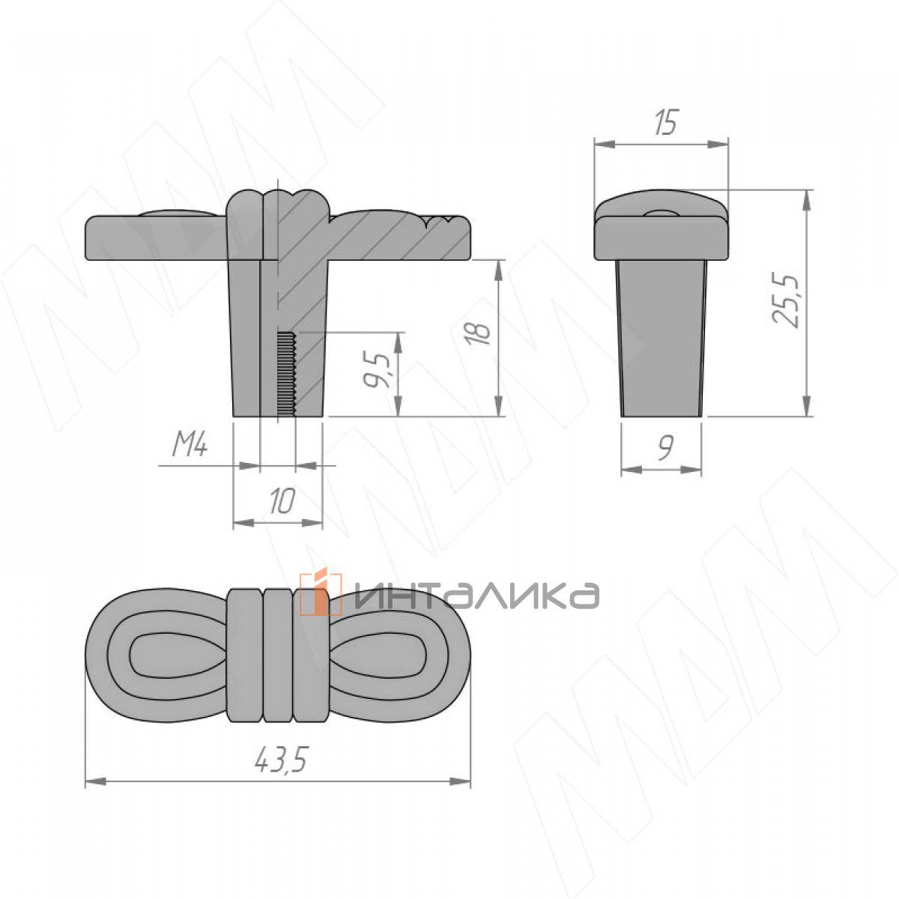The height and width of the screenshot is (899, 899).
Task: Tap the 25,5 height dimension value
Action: point(785,299)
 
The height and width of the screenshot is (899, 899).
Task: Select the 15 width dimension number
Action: point(665,123)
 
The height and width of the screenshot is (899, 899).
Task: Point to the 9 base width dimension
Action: point(666,449)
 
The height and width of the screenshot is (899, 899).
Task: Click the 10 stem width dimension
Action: point(282,501)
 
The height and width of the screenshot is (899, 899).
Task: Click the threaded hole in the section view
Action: point(286,374)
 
